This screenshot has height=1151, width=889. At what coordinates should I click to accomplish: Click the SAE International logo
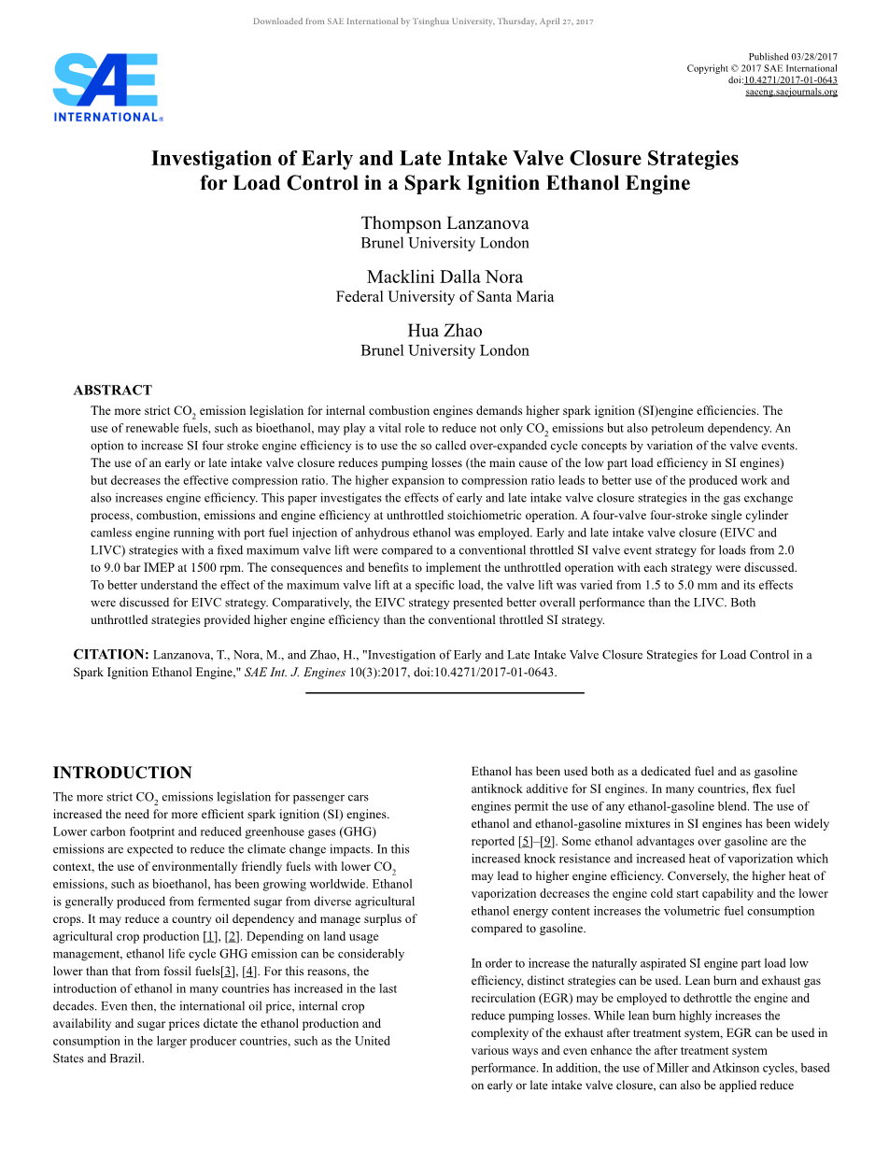pyautogui.click(x=107, y=87)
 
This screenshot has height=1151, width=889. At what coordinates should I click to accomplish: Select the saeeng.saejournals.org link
pyautogui.click(x=791, y=92)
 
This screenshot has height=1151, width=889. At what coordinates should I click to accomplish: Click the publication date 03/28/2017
pyautogui.click(x=814, y=57)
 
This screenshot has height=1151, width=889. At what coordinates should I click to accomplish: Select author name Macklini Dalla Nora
pyautogui.click(x=444, y=277)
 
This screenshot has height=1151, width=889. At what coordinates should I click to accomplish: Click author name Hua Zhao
pyautogui.click(x=444, y=331)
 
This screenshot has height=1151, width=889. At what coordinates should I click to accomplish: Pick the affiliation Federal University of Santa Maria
pyautogui.click(x=444, y=297)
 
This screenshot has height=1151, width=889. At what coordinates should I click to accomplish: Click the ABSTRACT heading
pyautogui.click(x=112, y=391)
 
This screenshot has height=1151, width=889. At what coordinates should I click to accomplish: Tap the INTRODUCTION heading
pyautogui.click(x=122, y=773)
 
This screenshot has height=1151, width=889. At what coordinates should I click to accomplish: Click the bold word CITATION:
pyautogui.click(x=111, y=655)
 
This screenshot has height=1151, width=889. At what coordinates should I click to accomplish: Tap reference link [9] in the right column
pyautogui.click(x=547, y=841)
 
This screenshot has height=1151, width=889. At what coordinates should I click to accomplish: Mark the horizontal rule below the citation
pyautogui.click(x=444, y=692)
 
